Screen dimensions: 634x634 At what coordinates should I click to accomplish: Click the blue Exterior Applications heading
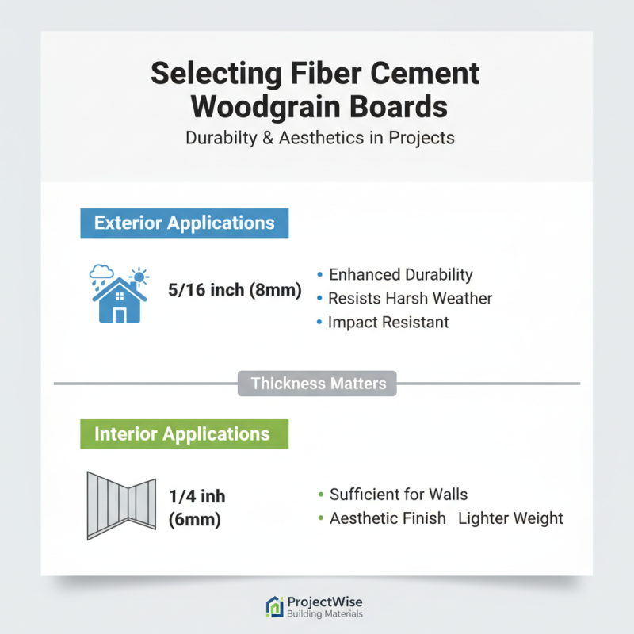click(x=184, y=223)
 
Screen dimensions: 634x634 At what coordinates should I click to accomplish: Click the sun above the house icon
click(x=140, y=277)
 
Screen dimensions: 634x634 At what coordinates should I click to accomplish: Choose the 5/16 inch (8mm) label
click(x=235, y=290)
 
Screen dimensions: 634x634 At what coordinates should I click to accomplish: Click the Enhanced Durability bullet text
click(x=400, y=275)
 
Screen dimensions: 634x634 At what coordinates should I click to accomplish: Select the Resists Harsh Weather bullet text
click(x=411, y=299)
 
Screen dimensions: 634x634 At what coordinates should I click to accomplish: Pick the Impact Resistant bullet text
click(x=388, y=323)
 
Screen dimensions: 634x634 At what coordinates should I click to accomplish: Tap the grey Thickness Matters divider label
click(x=318, y=384)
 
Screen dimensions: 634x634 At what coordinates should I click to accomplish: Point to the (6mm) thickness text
click(x=194, y=521)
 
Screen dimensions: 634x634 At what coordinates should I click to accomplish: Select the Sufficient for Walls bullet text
click(x=398, y=495)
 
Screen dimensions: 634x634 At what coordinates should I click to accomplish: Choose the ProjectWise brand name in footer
click(x=325, y=602)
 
